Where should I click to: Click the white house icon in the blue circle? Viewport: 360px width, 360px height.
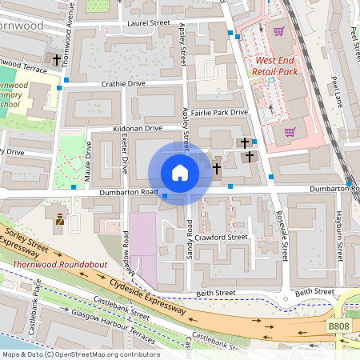tap(180, 173)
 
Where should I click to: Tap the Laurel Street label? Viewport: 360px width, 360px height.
tap(149, 24)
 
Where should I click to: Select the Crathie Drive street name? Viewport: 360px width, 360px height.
tap(123, 83)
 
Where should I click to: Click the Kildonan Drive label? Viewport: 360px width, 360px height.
tap(137, 128)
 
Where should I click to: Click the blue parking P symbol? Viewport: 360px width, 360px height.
tap(270, 82)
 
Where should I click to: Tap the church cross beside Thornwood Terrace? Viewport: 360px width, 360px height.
tap(57, 59)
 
